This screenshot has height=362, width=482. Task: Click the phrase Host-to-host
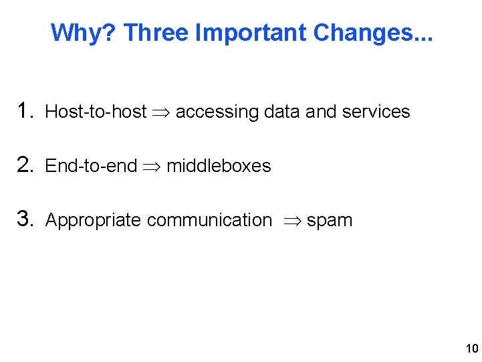(x=96, y=112)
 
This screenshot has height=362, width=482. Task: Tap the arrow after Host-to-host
(x=161, y=112)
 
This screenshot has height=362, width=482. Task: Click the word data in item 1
(x=282, y=112)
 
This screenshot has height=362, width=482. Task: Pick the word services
(x=376, y=112)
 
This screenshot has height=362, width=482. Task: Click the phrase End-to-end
(x=91, y=166)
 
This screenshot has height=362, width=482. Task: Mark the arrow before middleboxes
(x=152, y=167)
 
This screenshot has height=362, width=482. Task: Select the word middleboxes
(x=219, y=166)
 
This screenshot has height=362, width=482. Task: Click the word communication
(x=209, y=220)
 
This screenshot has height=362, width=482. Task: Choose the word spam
(x=330, y=221)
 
